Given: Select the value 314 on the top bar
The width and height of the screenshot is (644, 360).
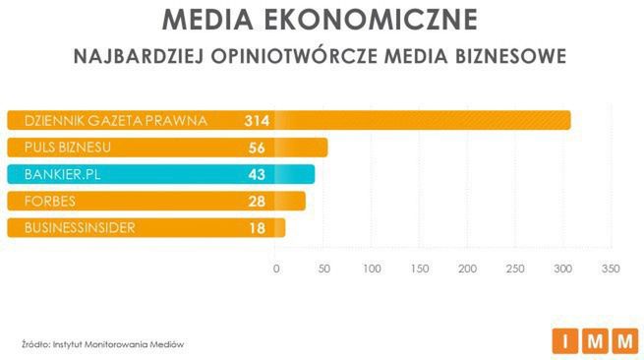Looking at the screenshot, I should (257, 121).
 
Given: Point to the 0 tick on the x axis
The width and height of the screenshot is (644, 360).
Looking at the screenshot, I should (276, 268).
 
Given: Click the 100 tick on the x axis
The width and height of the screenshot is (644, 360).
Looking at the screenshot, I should (372, 268).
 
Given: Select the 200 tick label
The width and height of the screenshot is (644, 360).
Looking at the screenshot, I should (467, 268).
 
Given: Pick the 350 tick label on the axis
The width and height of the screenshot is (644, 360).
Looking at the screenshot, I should (611, 268).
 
